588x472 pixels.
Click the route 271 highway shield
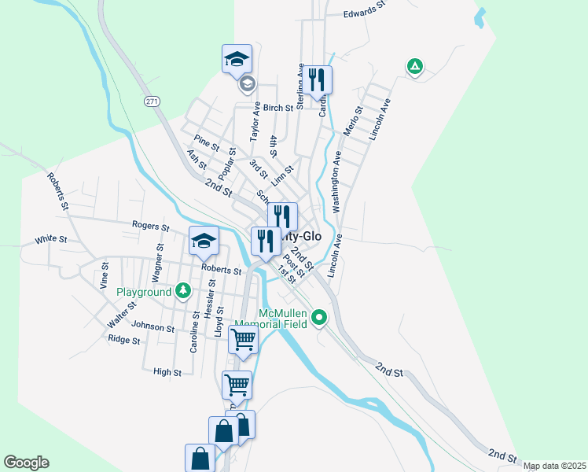click(x=153, y=101)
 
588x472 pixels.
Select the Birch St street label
click(x=277, y=108)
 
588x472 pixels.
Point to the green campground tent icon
click(x=414, y=67)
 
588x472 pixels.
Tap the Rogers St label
click(x=150, y=227)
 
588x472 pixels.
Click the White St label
click(x=51, y=239)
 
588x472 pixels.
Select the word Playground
click(x=144, y=292)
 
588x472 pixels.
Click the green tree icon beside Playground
click(x=183, y=292)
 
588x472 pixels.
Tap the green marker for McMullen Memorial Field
click(x=319, y=318)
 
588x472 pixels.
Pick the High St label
click(x=167, y=372)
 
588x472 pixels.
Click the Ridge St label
click(x=124, y=341)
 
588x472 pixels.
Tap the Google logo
click(x=26, y=463)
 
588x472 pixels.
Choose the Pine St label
click(x=206, y=144)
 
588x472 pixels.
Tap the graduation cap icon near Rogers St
click(x=204, y=242)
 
